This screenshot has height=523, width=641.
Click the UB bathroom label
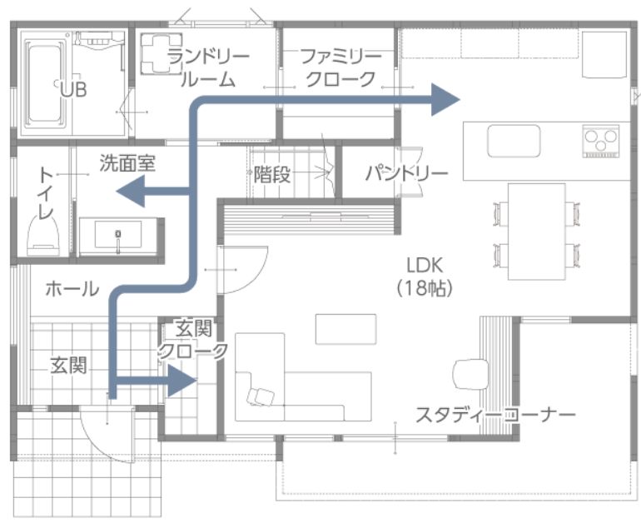73,89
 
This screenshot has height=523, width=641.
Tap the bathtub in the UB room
45,83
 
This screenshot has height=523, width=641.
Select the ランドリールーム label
208,67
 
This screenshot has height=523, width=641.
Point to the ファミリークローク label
341,67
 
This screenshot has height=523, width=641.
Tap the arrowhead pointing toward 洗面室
131,191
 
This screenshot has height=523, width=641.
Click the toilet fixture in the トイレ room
43,237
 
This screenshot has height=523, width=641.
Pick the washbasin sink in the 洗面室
118,235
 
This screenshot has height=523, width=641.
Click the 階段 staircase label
272,175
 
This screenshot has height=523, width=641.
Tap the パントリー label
407,174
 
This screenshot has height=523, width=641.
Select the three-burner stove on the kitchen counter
601,141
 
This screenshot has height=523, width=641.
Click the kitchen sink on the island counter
514,141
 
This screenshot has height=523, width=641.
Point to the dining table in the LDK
537,232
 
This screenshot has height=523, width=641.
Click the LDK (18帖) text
425,277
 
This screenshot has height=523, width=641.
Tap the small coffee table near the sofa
345,329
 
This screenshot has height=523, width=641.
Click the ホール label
72,290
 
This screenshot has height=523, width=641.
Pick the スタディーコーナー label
495,415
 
